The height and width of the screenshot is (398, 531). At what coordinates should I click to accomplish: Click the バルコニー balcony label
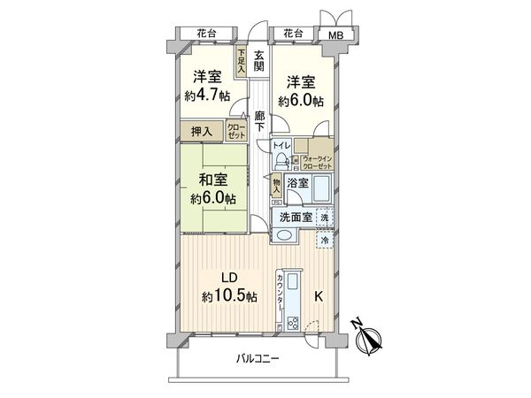pos(258,359)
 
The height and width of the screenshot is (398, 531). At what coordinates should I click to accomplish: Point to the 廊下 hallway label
pos(259,121)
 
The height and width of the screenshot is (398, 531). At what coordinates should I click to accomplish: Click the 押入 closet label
pos(203,132)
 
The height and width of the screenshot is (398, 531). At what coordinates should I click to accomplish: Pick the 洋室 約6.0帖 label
pos(300,91)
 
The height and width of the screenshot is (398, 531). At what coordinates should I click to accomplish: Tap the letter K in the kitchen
pos(319,296)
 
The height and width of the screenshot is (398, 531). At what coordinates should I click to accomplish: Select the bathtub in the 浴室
pos(320,188)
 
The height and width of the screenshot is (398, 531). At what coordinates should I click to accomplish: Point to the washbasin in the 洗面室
pos(285,235)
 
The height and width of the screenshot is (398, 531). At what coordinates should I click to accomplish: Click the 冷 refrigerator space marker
pos(325,238)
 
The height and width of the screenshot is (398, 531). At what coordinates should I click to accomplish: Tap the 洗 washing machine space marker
pos(325,216)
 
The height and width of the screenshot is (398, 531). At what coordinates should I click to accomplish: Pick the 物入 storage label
pos(277,185)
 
